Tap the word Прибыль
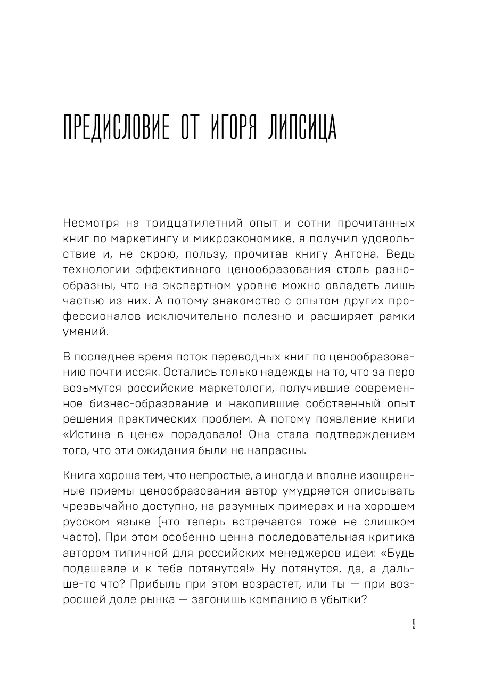151,584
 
